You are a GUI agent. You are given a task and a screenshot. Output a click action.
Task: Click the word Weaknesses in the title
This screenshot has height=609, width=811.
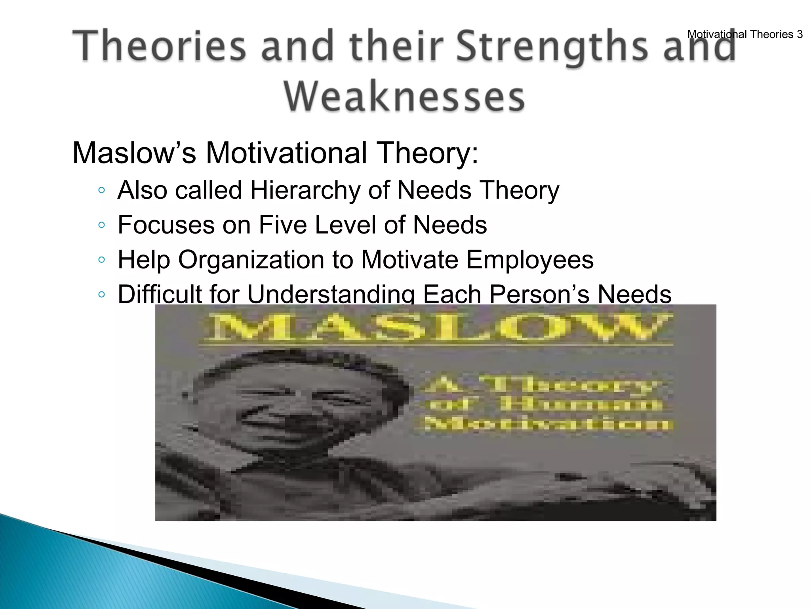404,97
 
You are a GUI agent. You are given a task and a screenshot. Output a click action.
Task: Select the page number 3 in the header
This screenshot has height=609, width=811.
800,34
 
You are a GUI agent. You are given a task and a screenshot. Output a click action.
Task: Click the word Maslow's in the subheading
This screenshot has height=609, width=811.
134,153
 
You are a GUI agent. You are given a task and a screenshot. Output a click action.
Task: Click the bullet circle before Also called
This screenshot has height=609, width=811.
102,191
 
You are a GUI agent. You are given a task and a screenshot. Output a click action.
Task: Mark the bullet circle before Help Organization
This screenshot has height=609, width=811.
102,260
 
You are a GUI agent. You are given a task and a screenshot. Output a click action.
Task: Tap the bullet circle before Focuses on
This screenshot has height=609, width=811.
102,225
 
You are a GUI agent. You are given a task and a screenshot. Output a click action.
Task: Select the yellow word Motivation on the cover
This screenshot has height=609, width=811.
548,424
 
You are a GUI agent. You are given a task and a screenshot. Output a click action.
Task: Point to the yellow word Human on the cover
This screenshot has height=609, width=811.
580,404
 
